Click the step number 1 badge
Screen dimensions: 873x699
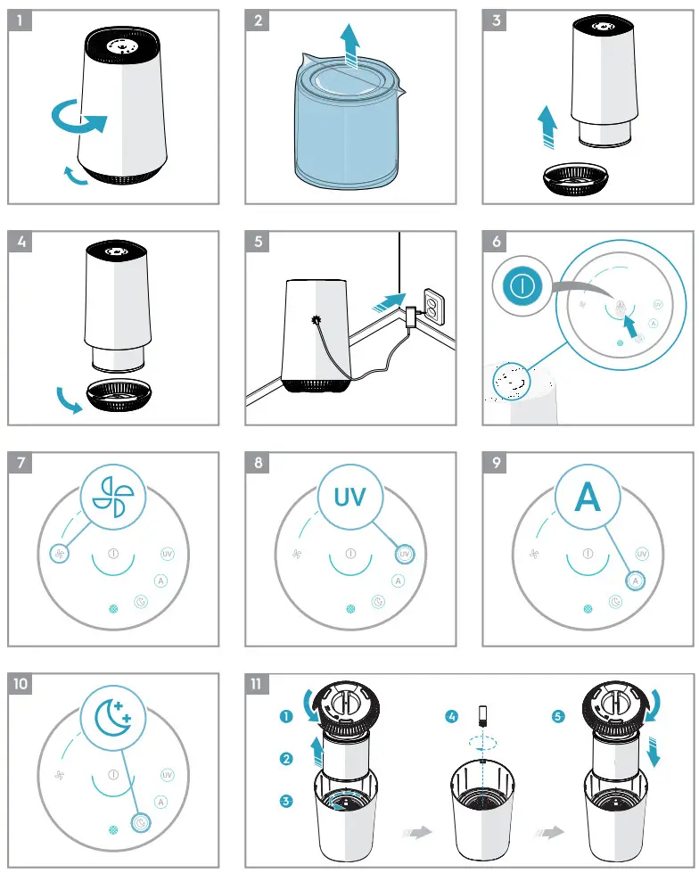click(x=22, y=22)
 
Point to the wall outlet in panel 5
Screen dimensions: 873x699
click(x=433, y=309)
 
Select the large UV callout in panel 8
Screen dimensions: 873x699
click(x=350, y=497)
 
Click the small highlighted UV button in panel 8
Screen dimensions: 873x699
click(x=404, y=554)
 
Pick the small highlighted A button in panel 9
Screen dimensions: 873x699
click(x=634, y=581)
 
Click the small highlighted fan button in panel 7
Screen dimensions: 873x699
click(x=57, y=554)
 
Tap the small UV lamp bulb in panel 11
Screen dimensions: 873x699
click(x=482, y=713)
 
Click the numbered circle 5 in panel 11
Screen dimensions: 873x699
click(x=558, y=715)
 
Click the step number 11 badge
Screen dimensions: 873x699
click(x=259, y=685)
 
